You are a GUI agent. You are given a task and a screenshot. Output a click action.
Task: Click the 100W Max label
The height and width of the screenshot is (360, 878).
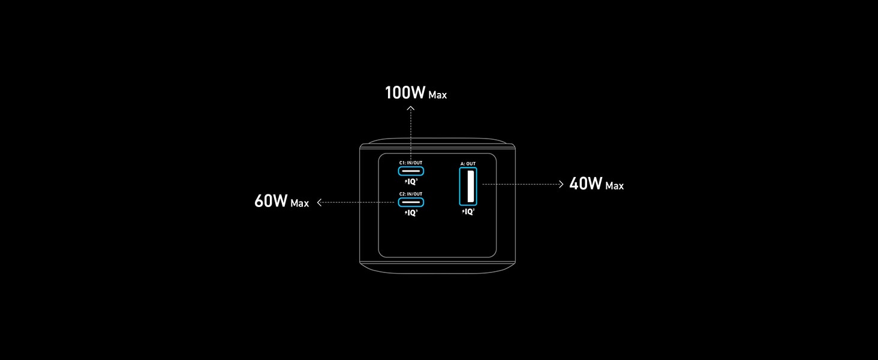tap(415, 93)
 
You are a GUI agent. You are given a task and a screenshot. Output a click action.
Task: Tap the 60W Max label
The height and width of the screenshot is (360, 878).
tap(281, 201)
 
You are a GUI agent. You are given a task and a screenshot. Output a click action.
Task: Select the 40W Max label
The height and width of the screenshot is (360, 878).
tap(596, 184)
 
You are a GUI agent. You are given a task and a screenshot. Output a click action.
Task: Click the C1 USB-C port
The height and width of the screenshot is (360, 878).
tap(411, 171)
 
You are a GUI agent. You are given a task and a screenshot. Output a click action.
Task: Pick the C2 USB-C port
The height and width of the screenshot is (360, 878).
tap(411, 202)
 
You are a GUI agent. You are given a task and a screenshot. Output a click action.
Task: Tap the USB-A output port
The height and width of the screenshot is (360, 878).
tap(468, 187)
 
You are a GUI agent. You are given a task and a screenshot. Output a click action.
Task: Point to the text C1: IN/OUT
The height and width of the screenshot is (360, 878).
tap(411, 163)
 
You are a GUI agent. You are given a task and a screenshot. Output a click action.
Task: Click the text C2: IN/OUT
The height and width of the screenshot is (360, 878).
tap(411, 194)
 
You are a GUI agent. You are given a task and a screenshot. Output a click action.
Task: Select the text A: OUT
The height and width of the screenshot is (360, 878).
tap(468, 163)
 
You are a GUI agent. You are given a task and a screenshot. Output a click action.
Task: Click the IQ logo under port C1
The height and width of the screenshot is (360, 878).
tap(411, 181)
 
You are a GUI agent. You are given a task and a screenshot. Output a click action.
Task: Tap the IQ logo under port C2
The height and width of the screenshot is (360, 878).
tap(411, 212)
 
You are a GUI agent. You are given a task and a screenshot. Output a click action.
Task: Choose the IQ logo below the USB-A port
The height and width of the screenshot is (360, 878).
tap(468, 211)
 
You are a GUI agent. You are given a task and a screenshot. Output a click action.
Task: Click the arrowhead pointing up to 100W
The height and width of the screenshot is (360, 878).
tap(411, 109)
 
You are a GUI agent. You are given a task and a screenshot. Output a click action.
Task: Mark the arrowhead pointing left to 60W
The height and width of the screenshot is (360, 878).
tap(320, 202)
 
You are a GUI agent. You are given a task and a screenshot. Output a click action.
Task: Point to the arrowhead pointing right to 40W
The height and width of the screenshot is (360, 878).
tap(561, 184)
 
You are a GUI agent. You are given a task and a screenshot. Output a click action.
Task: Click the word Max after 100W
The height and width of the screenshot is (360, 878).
tap(437, 95)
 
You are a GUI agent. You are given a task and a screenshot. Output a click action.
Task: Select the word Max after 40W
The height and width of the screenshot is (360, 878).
tap(614, 186)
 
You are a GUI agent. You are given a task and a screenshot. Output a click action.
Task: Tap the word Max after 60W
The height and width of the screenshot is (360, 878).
tap(299, 203)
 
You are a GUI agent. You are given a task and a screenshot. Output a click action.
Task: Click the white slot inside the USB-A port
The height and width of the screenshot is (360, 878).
tap(467, 187)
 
